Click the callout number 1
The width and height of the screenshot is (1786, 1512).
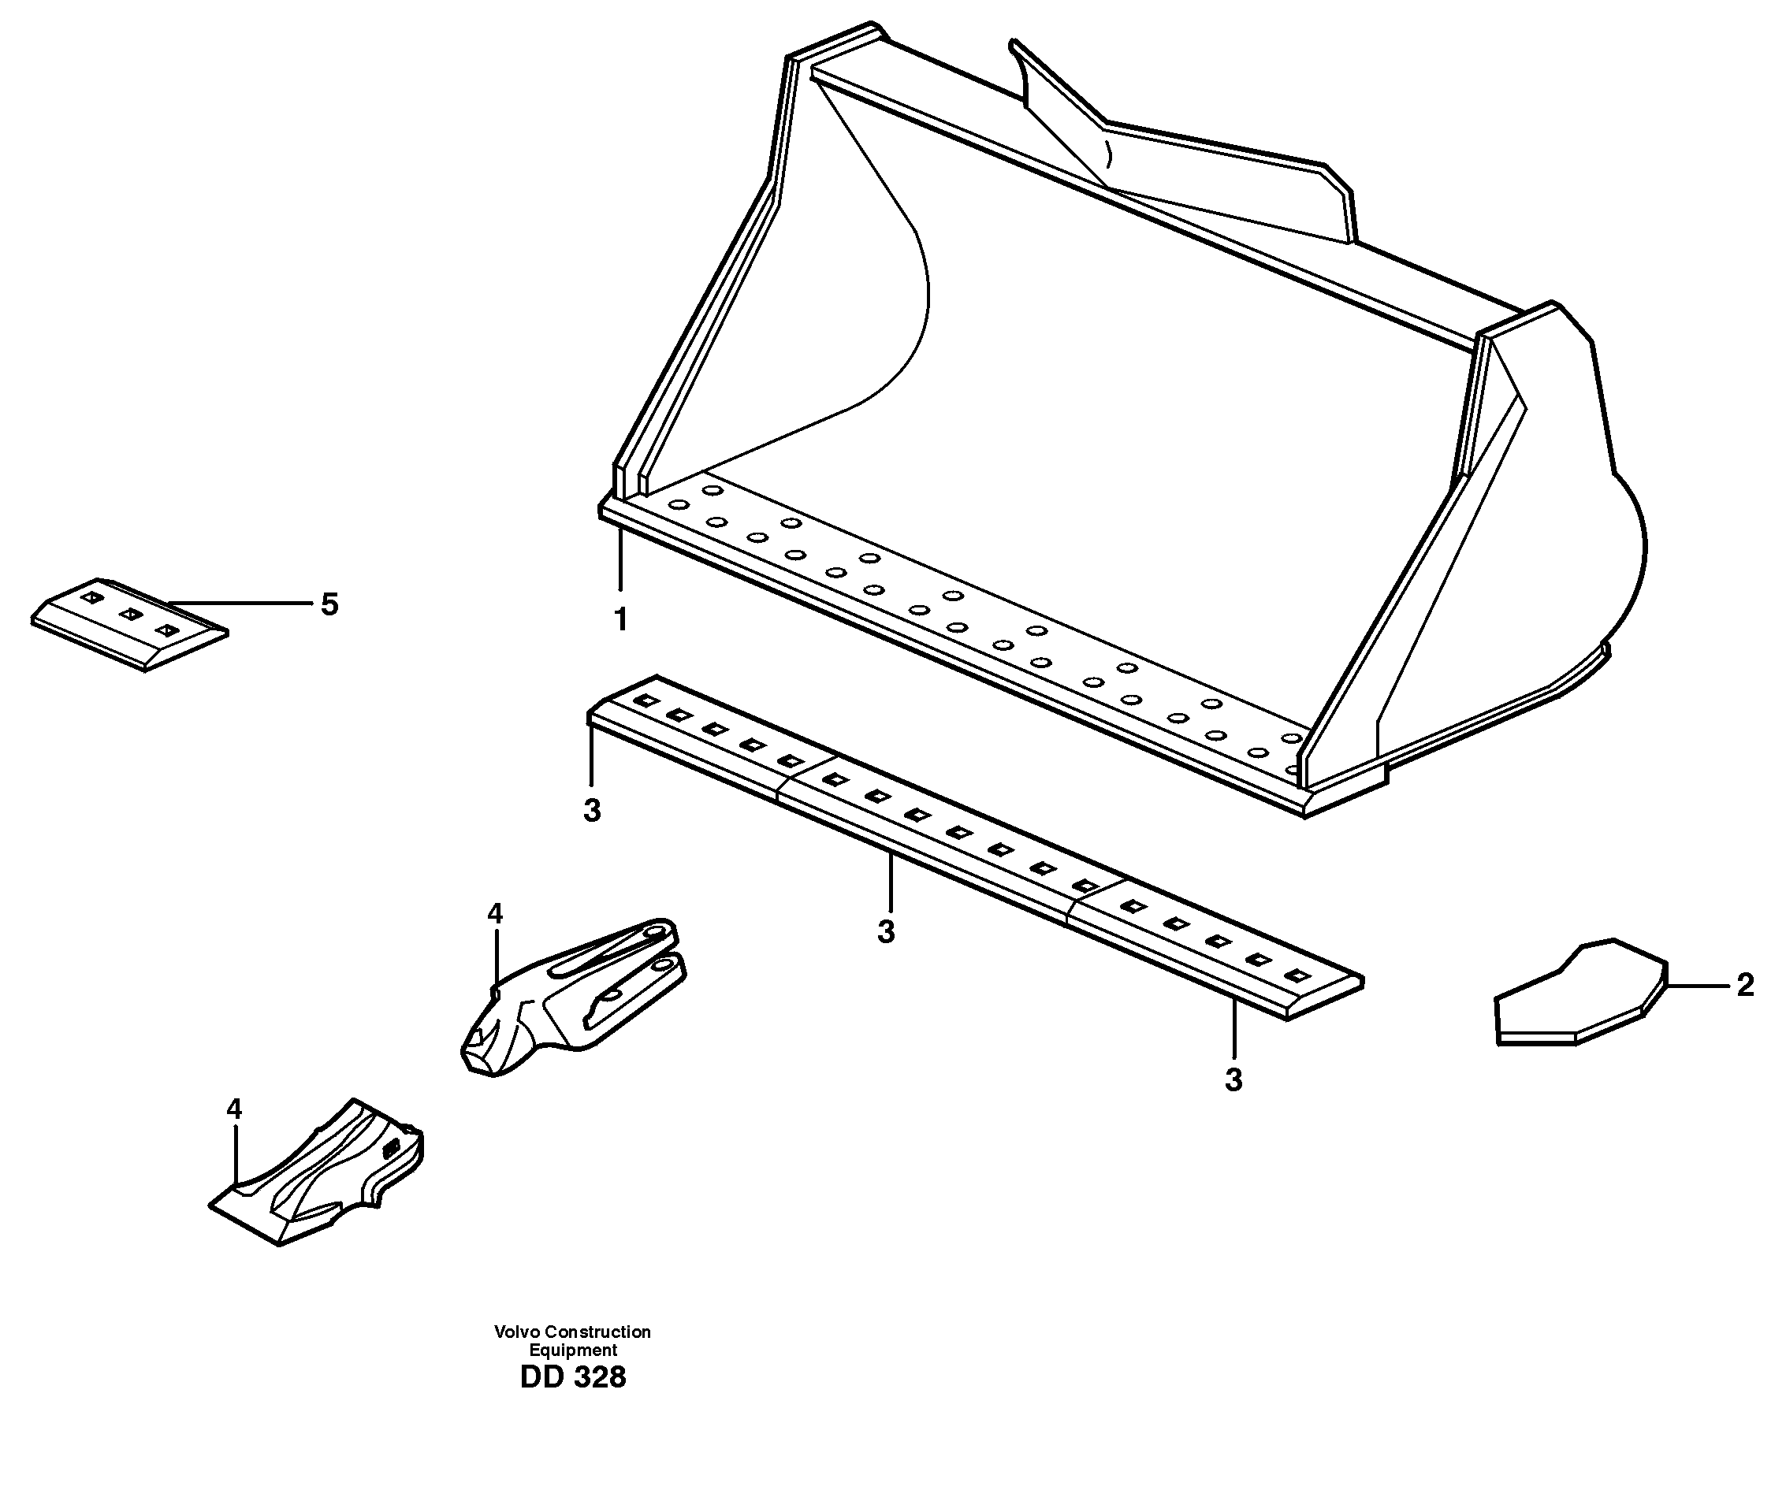[x=621, y=619]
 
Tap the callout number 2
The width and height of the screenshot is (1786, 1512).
[x=1745, y=986]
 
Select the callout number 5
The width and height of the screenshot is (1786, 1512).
[x=329, y=604]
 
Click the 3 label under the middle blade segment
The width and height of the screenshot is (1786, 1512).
[x=887, y=932]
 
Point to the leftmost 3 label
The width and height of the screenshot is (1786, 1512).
[x=592, y=810]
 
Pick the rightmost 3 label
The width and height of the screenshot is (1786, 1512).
[x=1233, y=1080]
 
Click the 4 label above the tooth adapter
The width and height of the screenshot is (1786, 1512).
[x=495, y=914]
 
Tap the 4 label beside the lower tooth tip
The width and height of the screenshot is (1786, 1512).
[x=234, y=1109]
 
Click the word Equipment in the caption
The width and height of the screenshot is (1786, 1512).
[x=573, y=1350]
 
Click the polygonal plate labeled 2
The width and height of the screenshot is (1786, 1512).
[x=1578, y=994]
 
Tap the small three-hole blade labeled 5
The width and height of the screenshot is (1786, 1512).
[x=128, y=624]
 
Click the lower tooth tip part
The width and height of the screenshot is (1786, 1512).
[x=318, y=1174]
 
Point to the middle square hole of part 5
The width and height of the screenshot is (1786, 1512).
[x=129, y=614]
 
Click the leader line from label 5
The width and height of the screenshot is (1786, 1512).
[x=240, y=604]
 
